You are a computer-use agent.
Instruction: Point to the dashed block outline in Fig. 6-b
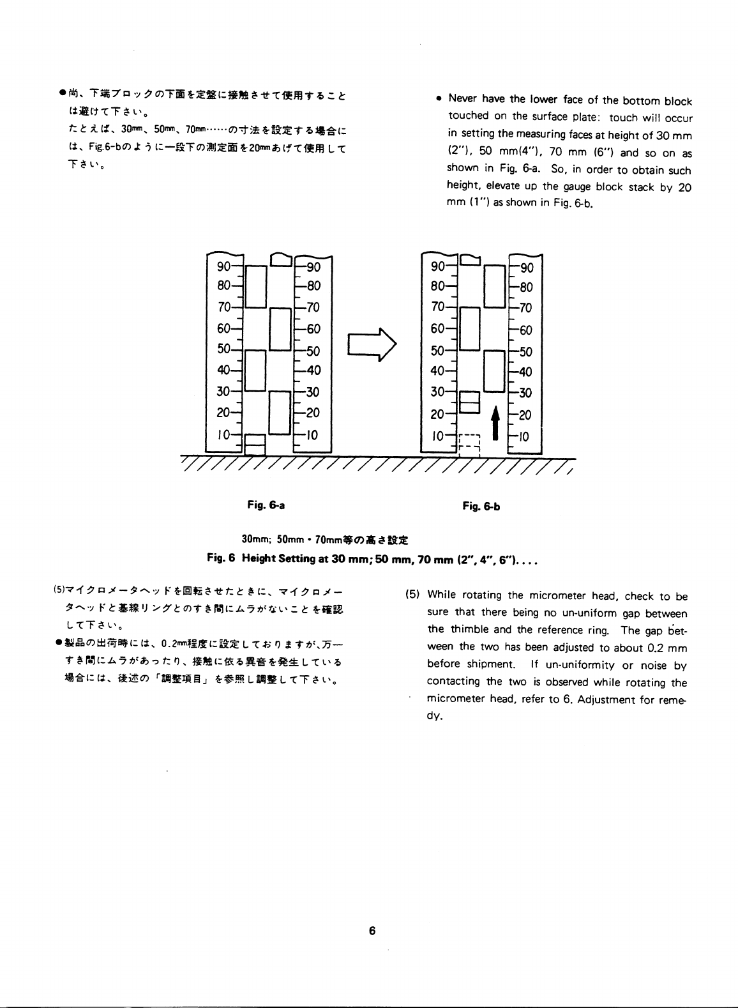tap(469, 444)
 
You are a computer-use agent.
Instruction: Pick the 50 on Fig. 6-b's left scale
tap(438, 350)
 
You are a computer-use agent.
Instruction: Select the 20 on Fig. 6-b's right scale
tap(524, 415)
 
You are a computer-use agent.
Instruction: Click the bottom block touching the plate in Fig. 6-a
tap(255, 445)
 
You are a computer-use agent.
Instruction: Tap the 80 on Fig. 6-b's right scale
tap(524, 287)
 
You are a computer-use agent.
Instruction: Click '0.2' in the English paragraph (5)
tap(654, 648)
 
